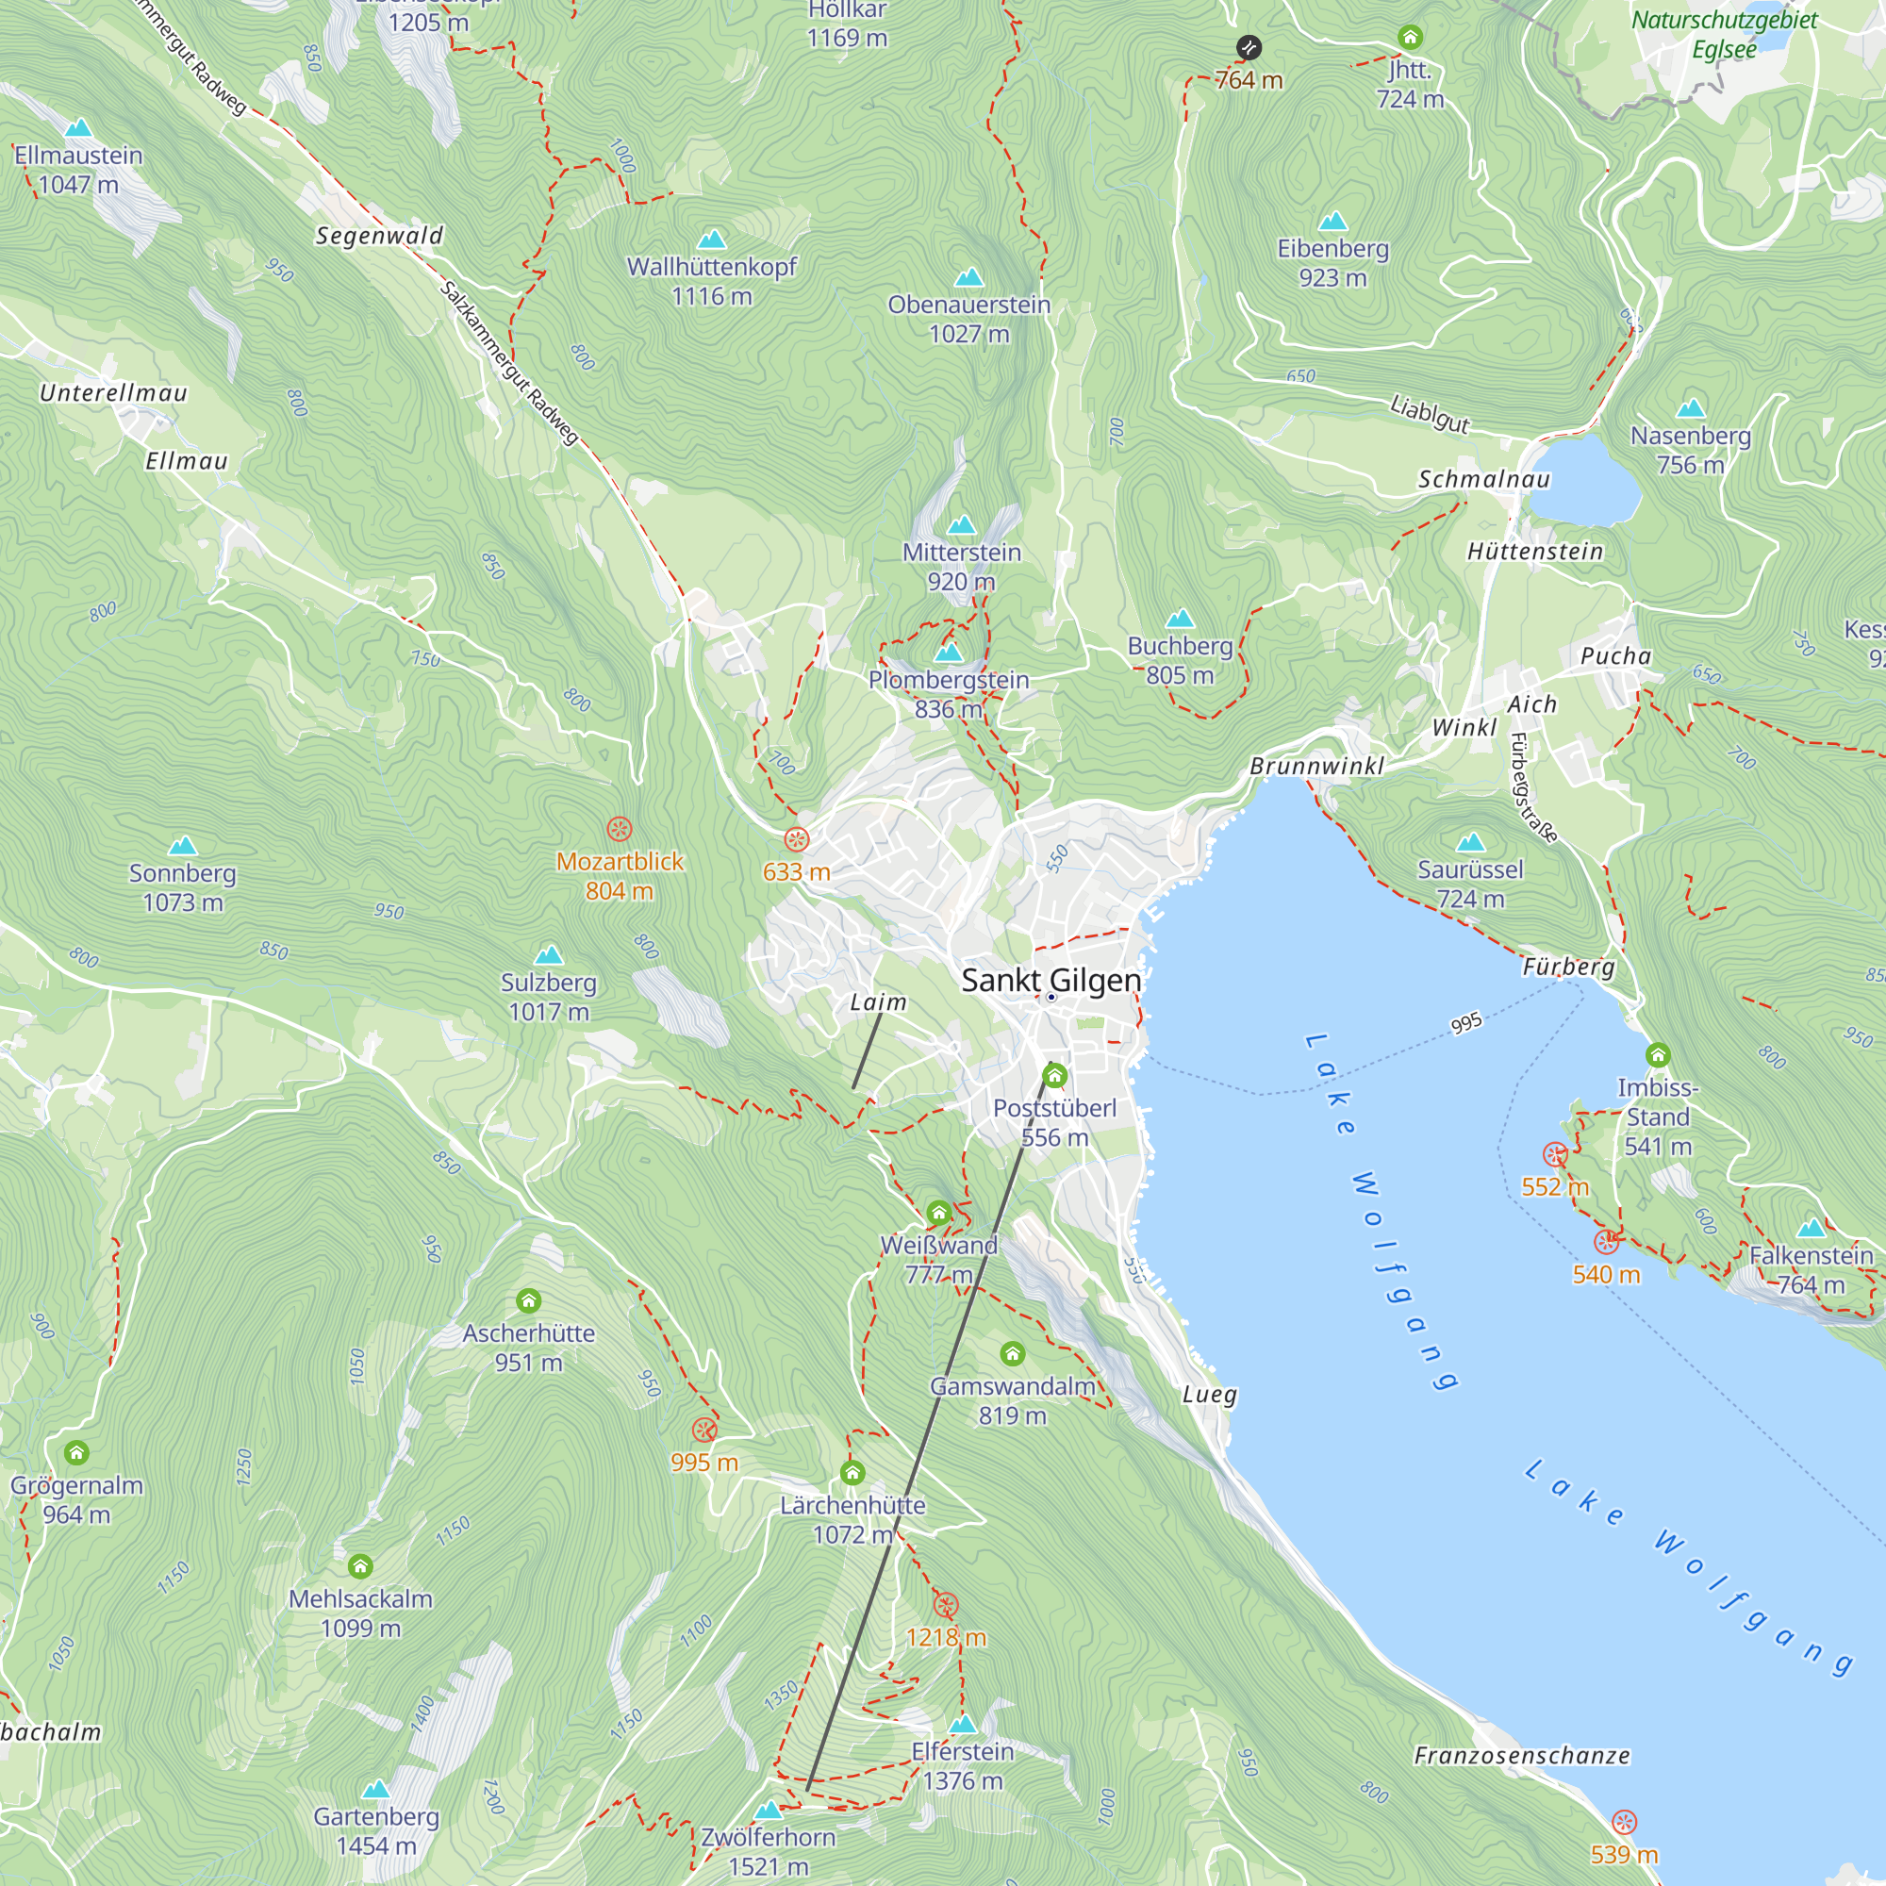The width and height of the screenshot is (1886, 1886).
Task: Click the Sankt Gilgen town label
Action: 1051,980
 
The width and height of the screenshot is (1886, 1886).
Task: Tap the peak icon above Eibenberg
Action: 1332,222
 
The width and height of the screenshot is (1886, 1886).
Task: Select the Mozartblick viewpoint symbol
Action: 619,830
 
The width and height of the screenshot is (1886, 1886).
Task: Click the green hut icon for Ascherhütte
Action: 528,1300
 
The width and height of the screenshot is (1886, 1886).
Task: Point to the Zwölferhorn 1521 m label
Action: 769,1851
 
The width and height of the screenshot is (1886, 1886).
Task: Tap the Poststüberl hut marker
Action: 1054,1077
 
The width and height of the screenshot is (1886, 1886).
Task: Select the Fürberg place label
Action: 1568,967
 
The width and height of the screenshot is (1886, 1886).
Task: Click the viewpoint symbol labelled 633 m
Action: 797,838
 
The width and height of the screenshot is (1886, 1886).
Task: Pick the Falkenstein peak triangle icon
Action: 1811,1228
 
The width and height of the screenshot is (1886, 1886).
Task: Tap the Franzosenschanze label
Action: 1521,1756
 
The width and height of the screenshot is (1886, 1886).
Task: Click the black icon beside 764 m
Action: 1249,47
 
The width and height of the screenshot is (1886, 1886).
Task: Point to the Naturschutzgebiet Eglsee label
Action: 1724,34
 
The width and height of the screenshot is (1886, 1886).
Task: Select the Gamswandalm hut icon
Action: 1012,1353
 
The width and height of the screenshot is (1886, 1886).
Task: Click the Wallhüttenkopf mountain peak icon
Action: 712,240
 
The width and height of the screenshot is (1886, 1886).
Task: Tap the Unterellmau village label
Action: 113,392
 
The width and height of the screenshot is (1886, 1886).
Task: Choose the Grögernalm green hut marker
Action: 76,1452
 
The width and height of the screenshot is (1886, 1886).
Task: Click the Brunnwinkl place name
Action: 1315,767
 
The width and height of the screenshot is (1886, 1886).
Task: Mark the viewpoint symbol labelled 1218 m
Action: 945,1605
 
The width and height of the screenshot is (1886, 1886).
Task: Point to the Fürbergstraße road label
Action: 1531,786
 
